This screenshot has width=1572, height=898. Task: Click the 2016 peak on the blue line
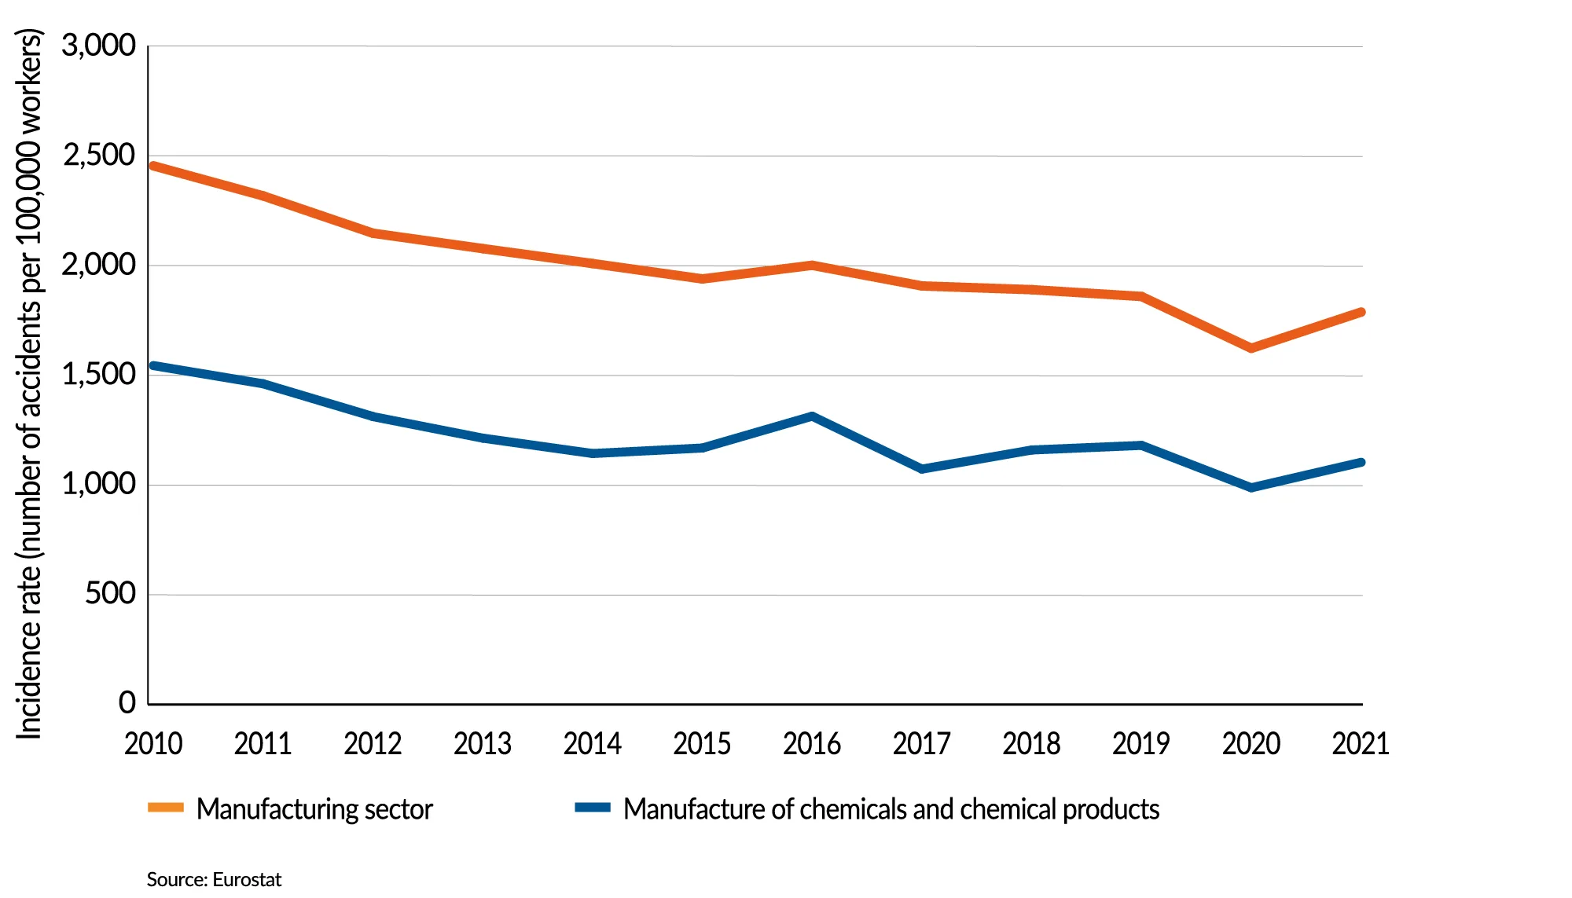tap(812, 416)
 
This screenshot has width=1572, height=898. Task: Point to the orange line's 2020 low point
tap(1251, 348)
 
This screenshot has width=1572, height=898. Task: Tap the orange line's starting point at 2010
tap(153, 166)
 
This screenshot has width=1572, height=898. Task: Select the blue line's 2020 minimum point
tap(1251, 488)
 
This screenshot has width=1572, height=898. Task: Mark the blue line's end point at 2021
tap(1361, 462)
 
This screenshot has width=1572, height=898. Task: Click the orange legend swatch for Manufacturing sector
tap(166, 808)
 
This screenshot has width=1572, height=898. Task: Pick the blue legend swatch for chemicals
tap(593, 808)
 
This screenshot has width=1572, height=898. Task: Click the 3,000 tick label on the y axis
tap(99, 46)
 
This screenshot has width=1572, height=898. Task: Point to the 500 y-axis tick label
tap(111, 594)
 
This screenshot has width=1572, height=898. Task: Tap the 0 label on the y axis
tap(127, 702)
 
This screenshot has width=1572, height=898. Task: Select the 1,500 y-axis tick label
tap(99, 375)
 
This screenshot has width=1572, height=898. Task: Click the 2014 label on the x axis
tap(592, 743)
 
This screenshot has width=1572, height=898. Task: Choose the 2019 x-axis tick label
tap(1140, 743)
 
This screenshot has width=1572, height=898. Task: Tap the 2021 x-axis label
tap(1360, 743)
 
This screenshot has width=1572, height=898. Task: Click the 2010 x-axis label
tap(153, 743)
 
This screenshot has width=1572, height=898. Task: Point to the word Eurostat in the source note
tap(247, 879)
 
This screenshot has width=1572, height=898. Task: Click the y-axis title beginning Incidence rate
tap(29, 385)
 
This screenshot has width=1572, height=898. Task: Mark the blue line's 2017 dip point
tap(922, 469)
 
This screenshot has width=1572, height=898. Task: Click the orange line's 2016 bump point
tap(812, 266)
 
